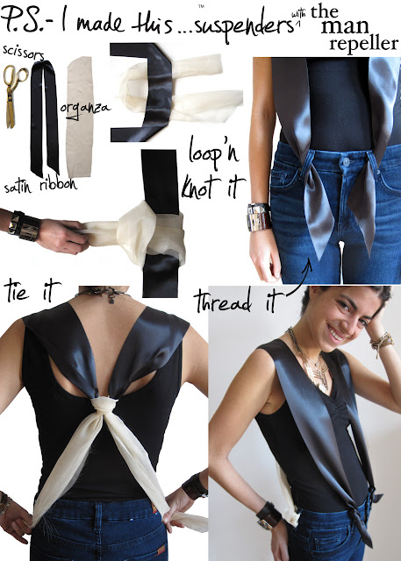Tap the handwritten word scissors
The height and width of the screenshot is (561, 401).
click(24, 53)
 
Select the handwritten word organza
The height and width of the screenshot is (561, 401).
click(84, 109)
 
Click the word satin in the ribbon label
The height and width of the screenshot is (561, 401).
click(18, 187)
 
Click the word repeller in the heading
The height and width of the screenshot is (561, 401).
click(364, 45)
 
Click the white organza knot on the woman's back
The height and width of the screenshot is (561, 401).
click(104, 405)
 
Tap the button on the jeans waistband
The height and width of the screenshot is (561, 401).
click(346, 162)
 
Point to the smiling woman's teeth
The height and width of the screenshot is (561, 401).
click(335, 335)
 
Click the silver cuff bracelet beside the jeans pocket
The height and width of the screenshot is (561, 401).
click(258, 217)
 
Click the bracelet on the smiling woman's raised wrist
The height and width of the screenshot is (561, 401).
click(382, 343)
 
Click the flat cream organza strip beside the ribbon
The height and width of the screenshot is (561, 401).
click(80, 117)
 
